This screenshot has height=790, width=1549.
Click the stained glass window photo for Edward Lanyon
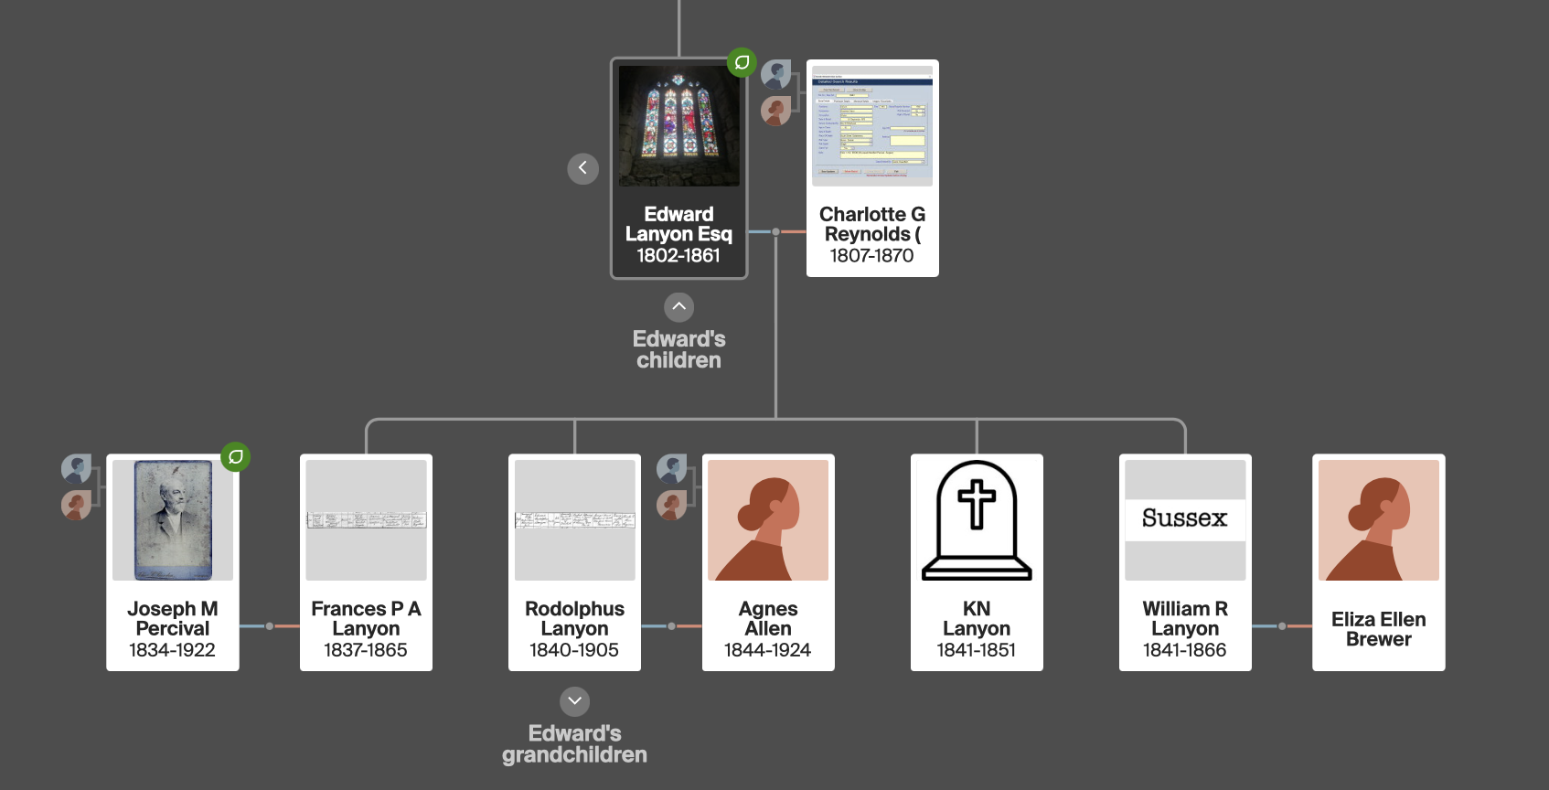[678, 125]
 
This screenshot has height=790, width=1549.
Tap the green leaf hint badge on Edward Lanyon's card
[742, 62]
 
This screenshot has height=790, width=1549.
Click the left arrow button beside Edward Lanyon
[582, 168]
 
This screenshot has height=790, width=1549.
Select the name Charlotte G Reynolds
[872, 224]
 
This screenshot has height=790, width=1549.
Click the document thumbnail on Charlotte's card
[872, 126]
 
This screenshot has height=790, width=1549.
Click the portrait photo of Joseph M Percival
[173, 520]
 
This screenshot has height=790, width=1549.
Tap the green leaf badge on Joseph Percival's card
[235, 456]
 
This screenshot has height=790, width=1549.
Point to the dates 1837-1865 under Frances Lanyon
[366, 650]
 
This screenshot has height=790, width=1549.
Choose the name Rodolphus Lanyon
[574, 618]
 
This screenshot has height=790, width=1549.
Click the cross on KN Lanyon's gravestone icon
[976, 503]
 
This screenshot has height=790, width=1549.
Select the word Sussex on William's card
[1184, 518]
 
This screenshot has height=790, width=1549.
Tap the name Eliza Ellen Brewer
[1378, 629]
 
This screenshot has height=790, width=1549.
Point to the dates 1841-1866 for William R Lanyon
[1184, 650]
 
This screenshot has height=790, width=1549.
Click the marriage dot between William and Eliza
[1282, 626]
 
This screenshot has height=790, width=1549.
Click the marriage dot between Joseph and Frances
[269, 626]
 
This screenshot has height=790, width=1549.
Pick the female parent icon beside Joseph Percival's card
[76, 505]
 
